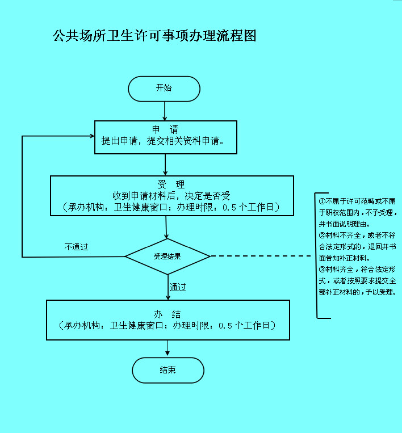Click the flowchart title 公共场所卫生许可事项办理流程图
pos(154,36)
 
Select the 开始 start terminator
pos(164,89)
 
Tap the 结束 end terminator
pos(167,370)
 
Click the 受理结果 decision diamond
pos(167,257)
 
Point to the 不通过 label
pos(76,247)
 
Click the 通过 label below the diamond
pos(178,287)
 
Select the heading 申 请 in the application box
pos(165,129)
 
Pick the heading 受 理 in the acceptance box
pos(171,184)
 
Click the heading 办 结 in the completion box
pos(167,314)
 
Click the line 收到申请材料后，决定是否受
pos(171,196)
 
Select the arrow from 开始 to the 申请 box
pos(165,111)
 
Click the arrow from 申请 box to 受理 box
pos(165,165)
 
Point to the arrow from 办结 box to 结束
pos(167,348)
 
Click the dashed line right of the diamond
pos(261,257)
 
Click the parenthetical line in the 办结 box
pos(167,326)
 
